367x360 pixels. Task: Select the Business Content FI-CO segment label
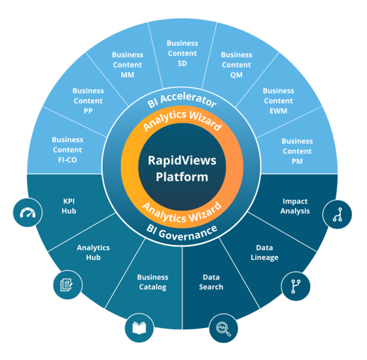tap(68, 149)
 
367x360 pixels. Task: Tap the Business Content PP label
tap(88, 100)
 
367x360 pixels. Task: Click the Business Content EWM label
tap(278, 100)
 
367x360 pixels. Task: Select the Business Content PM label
tap(297, 150)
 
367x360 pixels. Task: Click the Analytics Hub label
tap(94, 253)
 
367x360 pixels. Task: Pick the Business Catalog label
tap(152, 282)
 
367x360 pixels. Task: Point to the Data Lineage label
tap(264, 253)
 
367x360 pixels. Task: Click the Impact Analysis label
tap(295, 206)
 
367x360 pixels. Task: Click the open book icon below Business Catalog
tap(139, 329)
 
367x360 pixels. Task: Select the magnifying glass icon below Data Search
tap(223, 329)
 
